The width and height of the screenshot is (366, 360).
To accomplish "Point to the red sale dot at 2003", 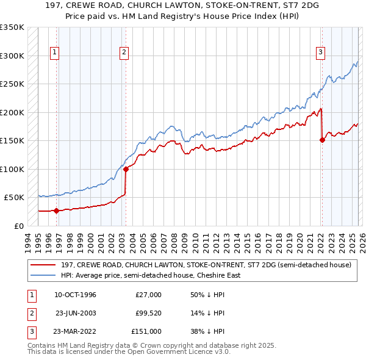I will (x=126, y=169).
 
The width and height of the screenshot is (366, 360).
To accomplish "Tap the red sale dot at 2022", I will (x=322, y=140).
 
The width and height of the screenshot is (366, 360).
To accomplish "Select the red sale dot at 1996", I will (x=56, y=211).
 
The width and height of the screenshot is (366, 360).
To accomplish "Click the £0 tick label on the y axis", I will (x=18, y=226).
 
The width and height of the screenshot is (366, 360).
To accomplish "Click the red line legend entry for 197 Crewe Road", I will (x=206, y=265).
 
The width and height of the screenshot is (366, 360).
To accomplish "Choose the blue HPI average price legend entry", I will (x=151, y=275).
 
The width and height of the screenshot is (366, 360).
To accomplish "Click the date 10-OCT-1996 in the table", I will (x=75, y=295).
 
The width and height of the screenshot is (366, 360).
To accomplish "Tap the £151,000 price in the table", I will (x=146, y=331).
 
